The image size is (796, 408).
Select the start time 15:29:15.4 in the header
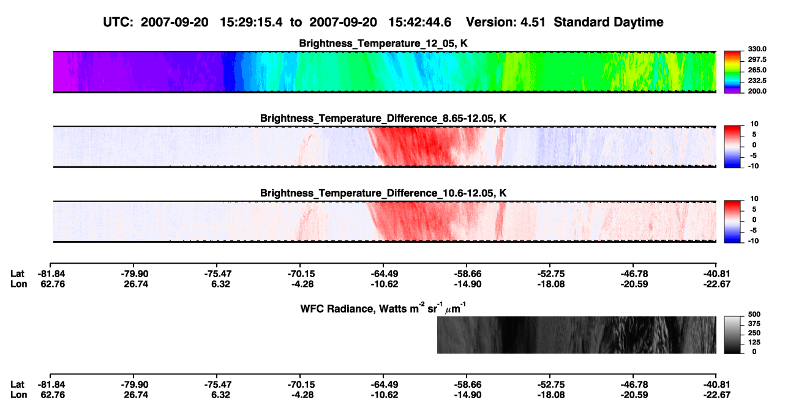[x=251, y=22]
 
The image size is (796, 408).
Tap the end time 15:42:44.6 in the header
[x=419, y=22]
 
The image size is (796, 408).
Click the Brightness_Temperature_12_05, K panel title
[x=383, y=43]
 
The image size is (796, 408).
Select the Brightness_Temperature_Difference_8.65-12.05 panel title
[x=383, y=118]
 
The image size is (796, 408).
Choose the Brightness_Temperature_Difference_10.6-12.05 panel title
[x=383, y=193]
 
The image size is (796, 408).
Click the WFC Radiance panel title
[x=383, y=308]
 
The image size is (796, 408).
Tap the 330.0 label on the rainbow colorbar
[x=757, y=49]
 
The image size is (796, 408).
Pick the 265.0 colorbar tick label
[x=757, y=70]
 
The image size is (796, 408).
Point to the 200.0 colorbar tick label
[x=757, y=91]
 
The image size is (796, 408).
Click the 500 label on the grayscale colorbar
[x=754, y=314]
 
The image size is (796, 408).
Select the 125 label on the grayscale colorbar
[x=754, y=343]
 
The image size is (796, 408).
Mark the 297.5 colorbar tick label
[x=757, y=59]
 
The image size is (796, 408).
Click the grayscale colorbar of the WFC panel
[x=733, y=335]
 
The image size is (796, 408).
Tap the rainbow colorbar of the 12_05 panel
[x=733, y=72]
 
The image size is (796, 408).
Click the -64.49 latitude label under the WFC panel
[x=385, y=384]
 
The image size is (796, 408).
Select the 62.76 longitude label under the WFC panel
[x=53, y=395]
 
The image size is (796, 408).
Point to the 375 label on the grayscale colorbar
[x=754, y=324]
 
